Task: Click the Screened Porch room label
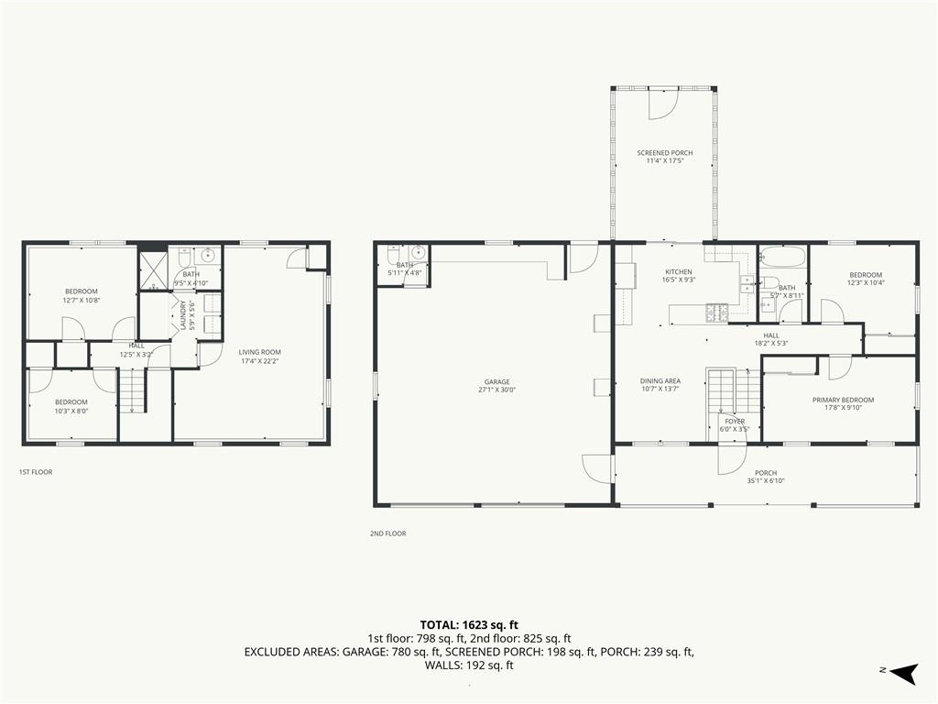[664, 153]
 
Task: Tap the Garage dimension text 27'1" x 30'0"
[497, 389]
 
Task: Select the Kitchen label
[679, 272]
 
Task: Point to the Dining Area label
[660, 381]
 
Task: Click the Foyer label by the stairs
[735, 422]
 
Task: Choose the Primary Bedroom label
[843, 400]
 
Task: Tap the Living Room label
[260, 352]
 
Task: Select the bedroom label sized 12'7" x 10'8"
[81, 291]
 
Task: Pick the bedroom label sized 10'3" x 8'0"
[71, 402]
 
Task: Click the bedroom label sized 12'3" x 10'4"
[865, 275]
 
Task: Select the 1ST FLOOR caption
[37, 472]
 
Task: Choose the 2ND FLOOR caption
[388, 533]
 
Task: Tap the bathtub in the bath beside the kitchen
[782, 256]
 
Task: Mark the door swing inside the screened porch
[661, 104]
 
